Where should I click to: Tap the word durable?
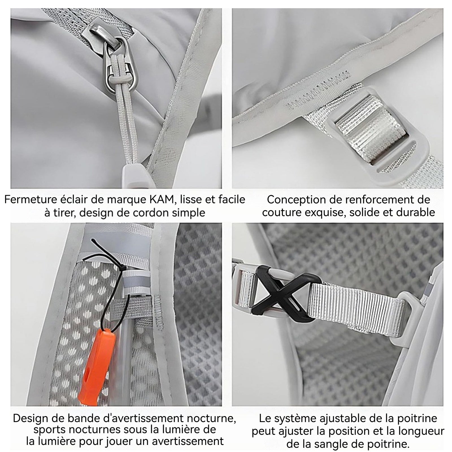(416, 212)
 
